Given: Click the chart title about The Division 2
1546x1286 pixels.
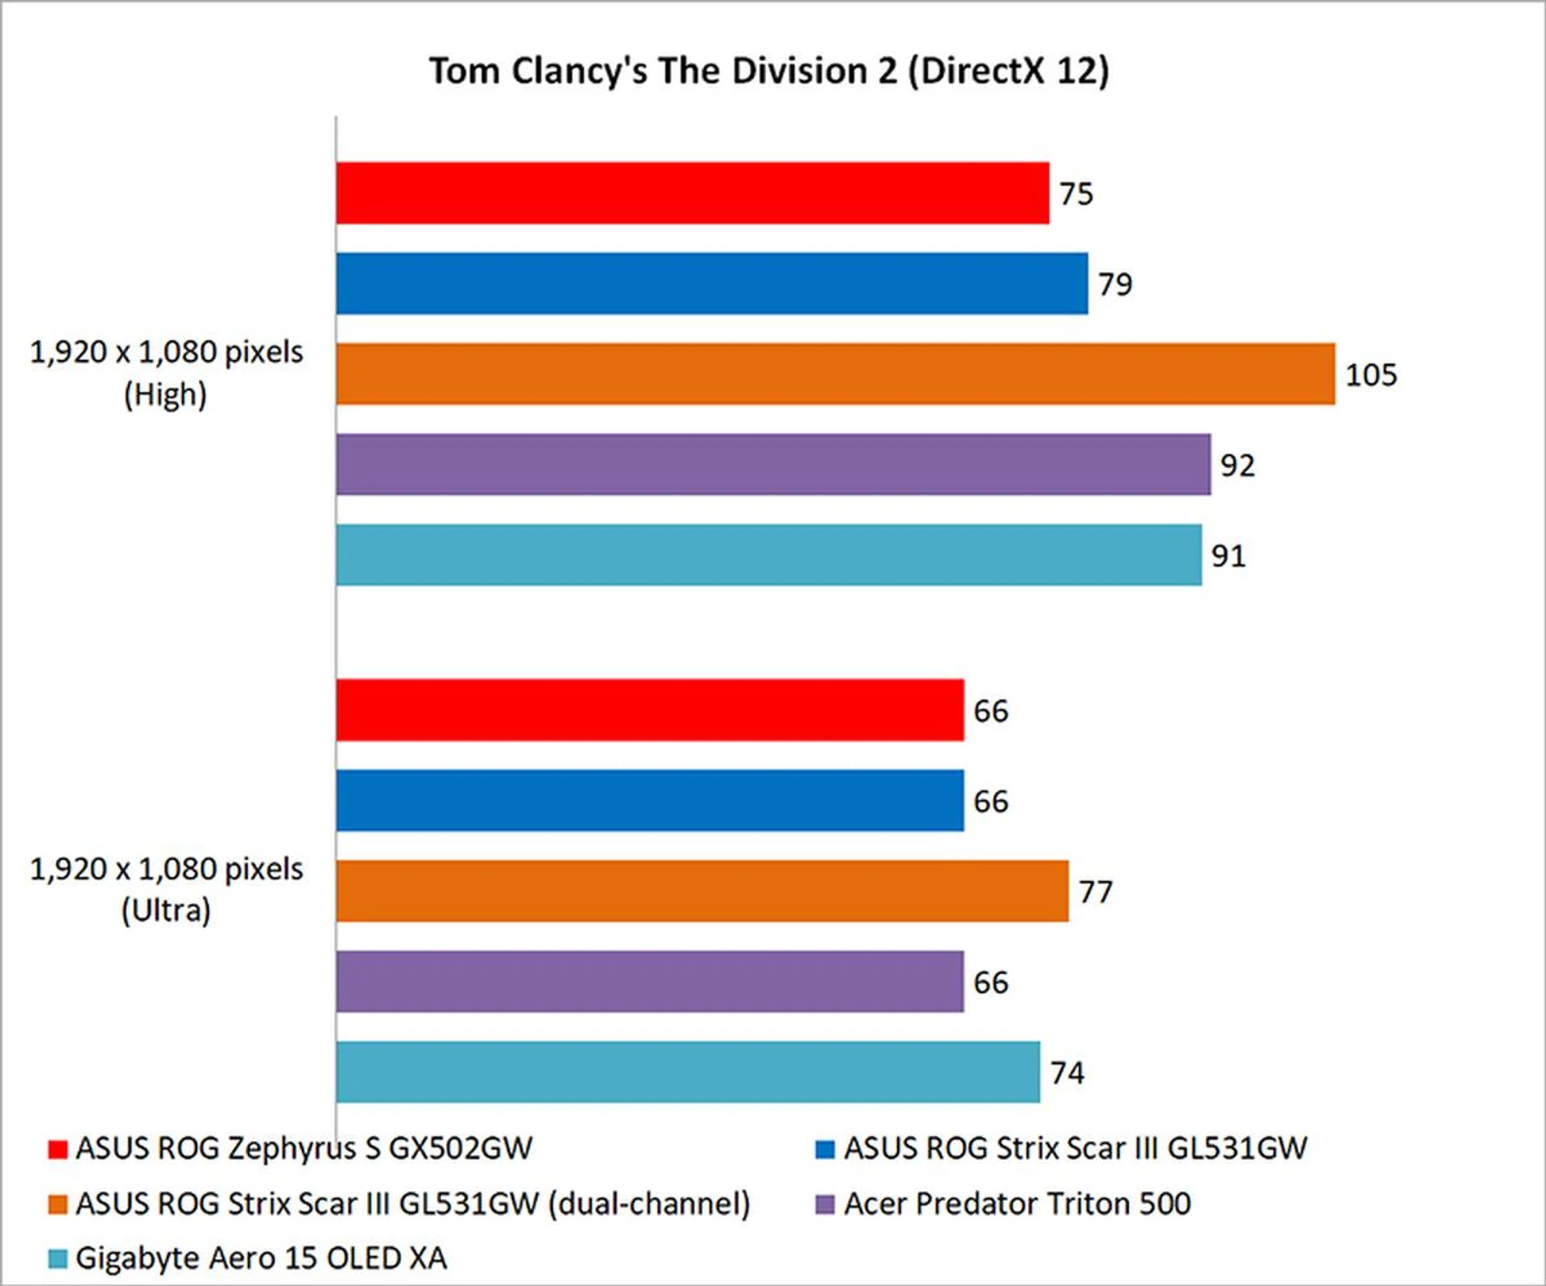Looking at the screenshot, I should coord(769,71).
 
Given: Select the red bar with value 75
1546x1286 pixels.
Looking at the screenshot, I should coord(692,193).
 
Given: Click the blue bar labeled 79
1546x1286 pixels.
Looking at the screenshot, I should coord(712,283).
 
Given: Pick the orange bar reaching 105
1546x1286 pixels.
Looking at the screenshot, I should coord(835,374).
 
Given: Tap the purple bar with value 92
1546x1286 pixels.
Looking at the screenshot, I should coord(773,464).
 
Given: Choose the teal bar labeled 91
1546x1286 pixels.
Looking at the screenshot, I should coord(769,555).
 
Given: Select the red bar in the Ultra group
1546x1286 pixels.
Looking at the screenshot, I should coord(650,710).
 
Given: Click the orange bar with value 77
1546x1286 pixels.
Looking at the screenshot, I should coord(702,891).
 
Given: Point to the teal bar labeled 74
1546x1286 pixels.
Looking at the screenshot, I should coord(688,1072).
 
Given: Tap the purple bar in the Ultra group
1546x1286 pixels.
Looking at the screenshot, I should coord(650,982).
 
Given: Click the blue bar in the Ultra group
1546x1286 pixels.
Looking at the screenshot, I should coord(650,801).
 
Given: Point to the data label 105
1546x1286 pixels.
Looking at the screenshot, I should coord(1371,375).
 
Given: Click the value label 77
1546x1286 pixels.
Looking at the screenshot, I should coord(1096,892).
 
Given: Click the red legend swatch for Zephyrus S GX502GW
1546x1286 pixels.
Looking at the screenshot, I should coord(57,1149).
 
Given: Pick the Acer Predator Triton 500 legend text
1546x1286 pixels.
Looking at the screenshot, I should coord(1017,1204).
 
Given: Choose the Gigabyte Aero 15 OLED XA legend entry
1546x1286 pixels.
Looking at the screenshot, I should coord(261,1259).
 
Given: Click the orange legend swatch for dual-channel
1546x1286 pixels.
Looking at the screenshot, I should coord(57,1205).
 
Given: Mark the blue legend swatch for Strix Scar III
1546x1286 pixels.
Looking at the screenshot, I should coord(825,1149).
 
